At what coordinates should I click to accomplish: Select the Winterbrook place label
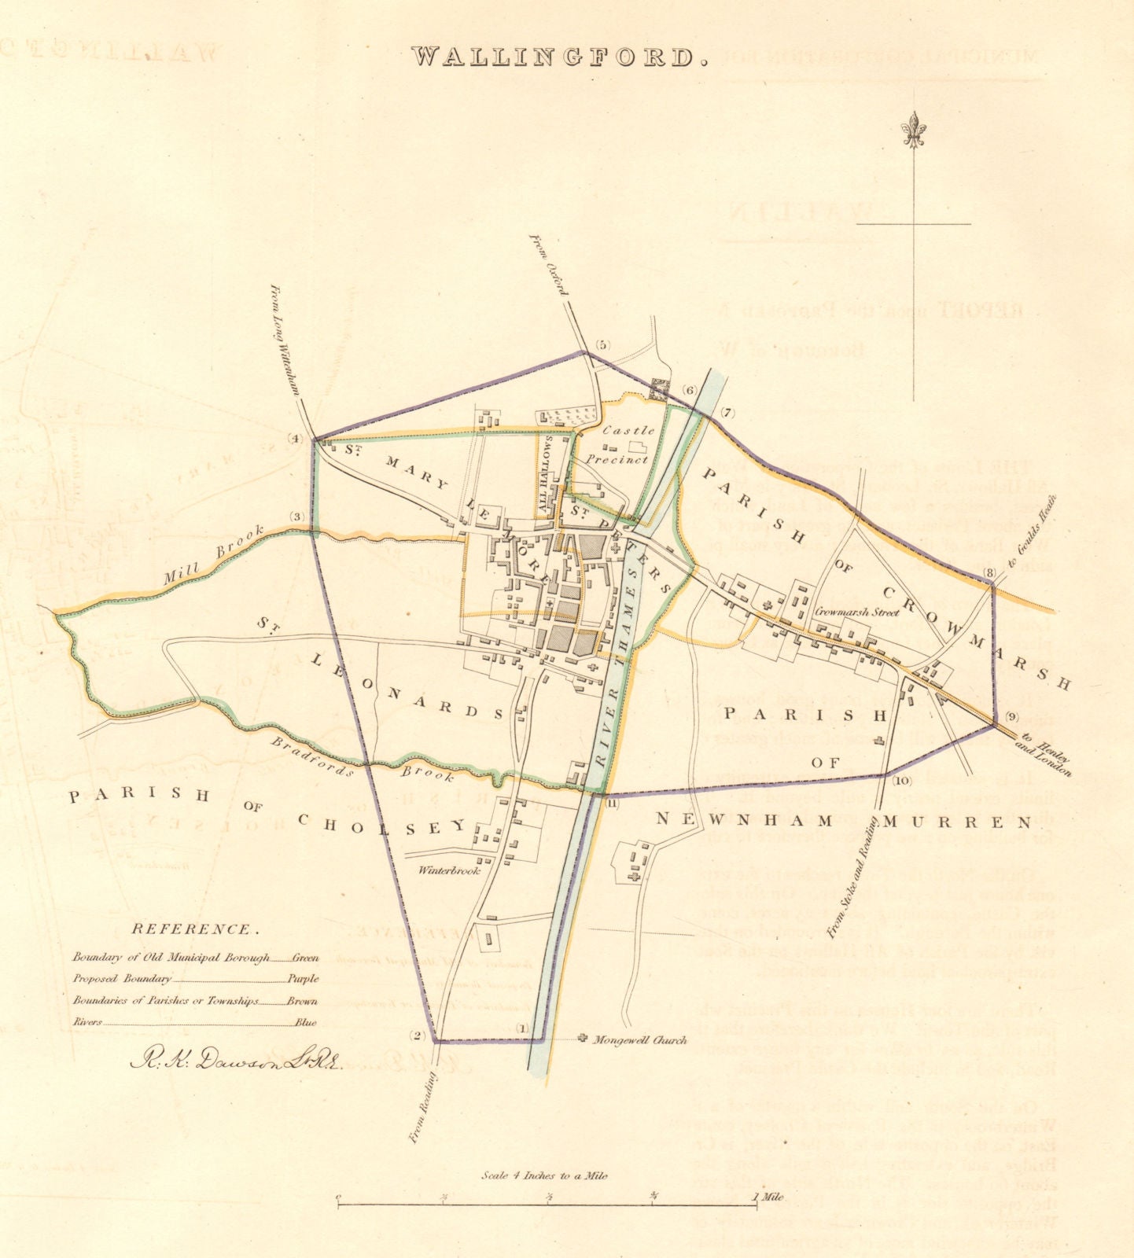(449, 871)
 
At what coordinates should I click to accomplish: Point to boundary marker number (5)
(603, 345)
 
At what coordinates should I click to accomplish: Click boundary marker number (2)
(418, 1035)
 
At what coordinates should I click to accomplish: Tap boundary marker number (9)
(1011, 716)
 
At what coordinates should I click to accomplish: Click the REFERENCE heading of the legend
(194, 929)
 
